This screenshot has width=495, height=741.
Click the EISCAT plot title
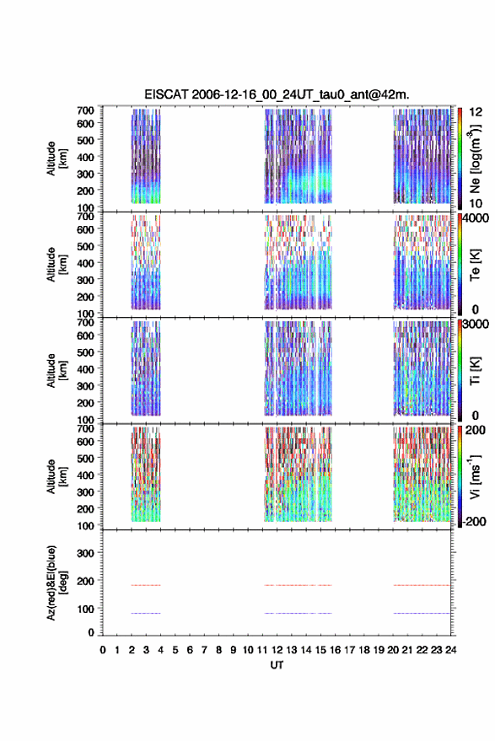(x=277, y=94)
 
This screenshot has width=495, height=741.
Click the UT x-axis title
(x=277, y=665)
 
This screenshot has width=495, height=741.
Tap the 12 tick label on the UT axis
(x=277, y=650)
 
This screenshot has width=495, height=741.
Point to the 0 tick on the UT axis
(x=103, y=650)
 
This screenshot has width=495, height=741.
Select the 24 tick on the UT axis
(x=451, y=650)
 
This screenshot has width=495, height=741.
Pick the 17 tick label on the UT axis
(x=349, y=650)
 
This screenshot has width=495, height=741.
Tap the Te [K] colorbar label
(x=475, y=265)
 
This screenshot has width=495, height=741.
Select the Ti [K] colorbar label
(x=475, y=371)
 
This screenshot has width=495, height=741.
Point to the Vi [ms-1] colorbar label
(x=475, y=476)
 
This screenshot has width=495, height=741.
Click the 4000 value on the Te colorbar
(x=476, y=218)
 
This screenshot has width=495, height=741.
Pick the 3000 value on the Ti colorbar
(x=476, y=325)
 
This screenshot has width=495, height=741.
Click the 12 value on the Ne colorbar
(x=476, y=112)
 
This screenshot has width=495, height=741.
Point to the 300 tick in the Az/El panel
(x=85, y=553)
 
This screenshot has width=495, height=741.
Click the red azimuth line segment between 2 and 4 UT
(x=146, y=585)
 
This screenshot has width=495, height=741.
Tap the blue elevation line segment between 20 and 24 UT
(x=422, y=613)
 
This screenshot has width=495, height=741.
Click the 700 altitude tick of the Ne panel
(x=85, y=110)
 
